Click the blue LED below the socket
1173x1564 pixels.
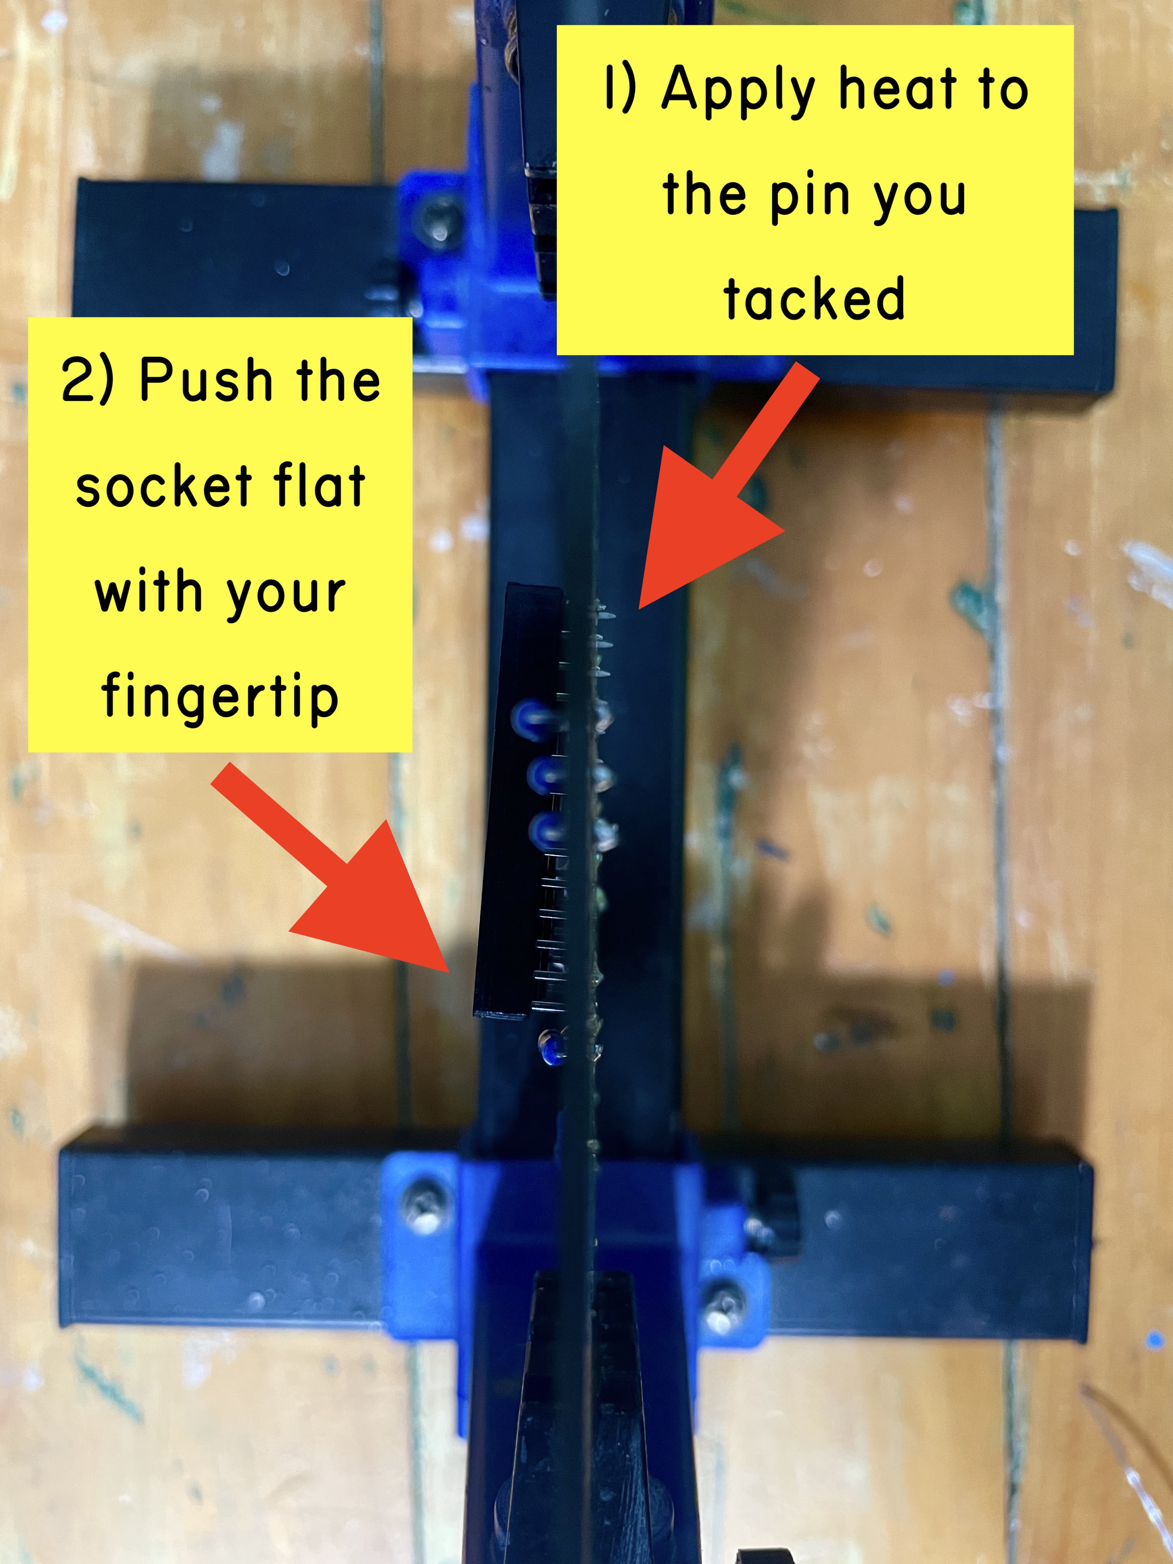tap(552, 1047)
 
